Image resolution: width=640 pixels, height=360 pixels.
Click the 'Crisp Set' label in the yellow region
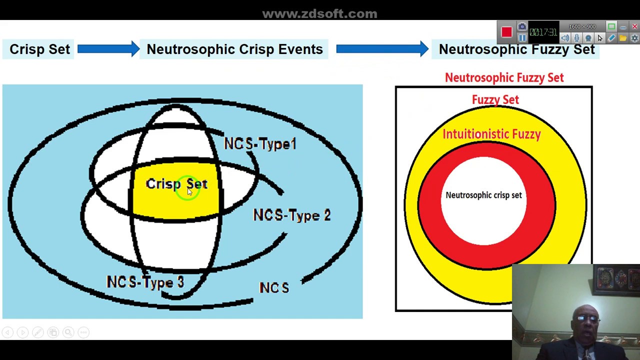point(176,184)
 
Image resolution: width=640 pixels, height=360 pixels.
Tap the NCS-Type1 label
point(260,144)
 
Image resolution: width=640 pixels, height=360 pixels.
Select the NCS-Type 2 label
point(291,215)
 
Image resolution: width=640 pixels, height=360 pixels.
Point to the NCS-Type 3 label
point(145,282)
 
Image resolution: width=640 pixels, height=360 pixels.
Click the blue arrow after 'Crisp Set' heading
point(108,49)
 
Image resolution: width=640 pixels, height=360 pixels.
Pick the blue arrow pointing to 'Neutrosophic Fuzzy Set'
point(382,49)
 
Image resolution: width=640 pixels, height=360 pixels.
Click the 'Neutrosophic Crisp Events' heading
point(234,49)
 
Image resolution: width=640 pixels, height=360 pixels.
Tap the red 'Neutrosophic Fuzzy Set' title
point(504,77)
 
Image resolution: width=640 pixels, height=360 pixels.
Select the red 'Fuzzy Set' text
point(495,100)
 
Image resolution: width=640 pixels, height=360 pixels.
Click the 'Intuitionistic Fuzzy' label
point(491,134)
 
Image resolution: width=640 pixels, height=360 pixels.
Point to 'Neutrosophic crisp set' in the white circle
point(483,195)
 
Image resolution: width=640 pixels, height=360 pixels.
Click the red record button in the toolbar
point(506,32)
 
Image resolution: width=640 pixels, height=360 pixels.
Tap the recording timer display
point(543,32)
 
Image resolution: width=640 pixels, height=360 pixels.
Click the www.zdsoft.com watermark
point(319,13)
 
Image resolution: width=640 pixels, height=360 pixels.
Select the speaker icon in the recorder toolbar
point(565,38)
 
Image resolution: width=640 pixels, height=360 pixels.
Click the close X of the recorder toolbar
point(634,26)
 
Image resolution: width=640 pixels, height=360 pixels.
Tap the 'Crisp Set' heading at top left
point(39,49)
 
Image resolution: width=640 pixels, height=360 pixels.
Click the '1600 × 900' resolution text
point(582,26)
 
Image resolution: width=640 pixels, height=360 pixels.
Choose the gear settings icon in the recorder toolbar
point(634,38)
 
